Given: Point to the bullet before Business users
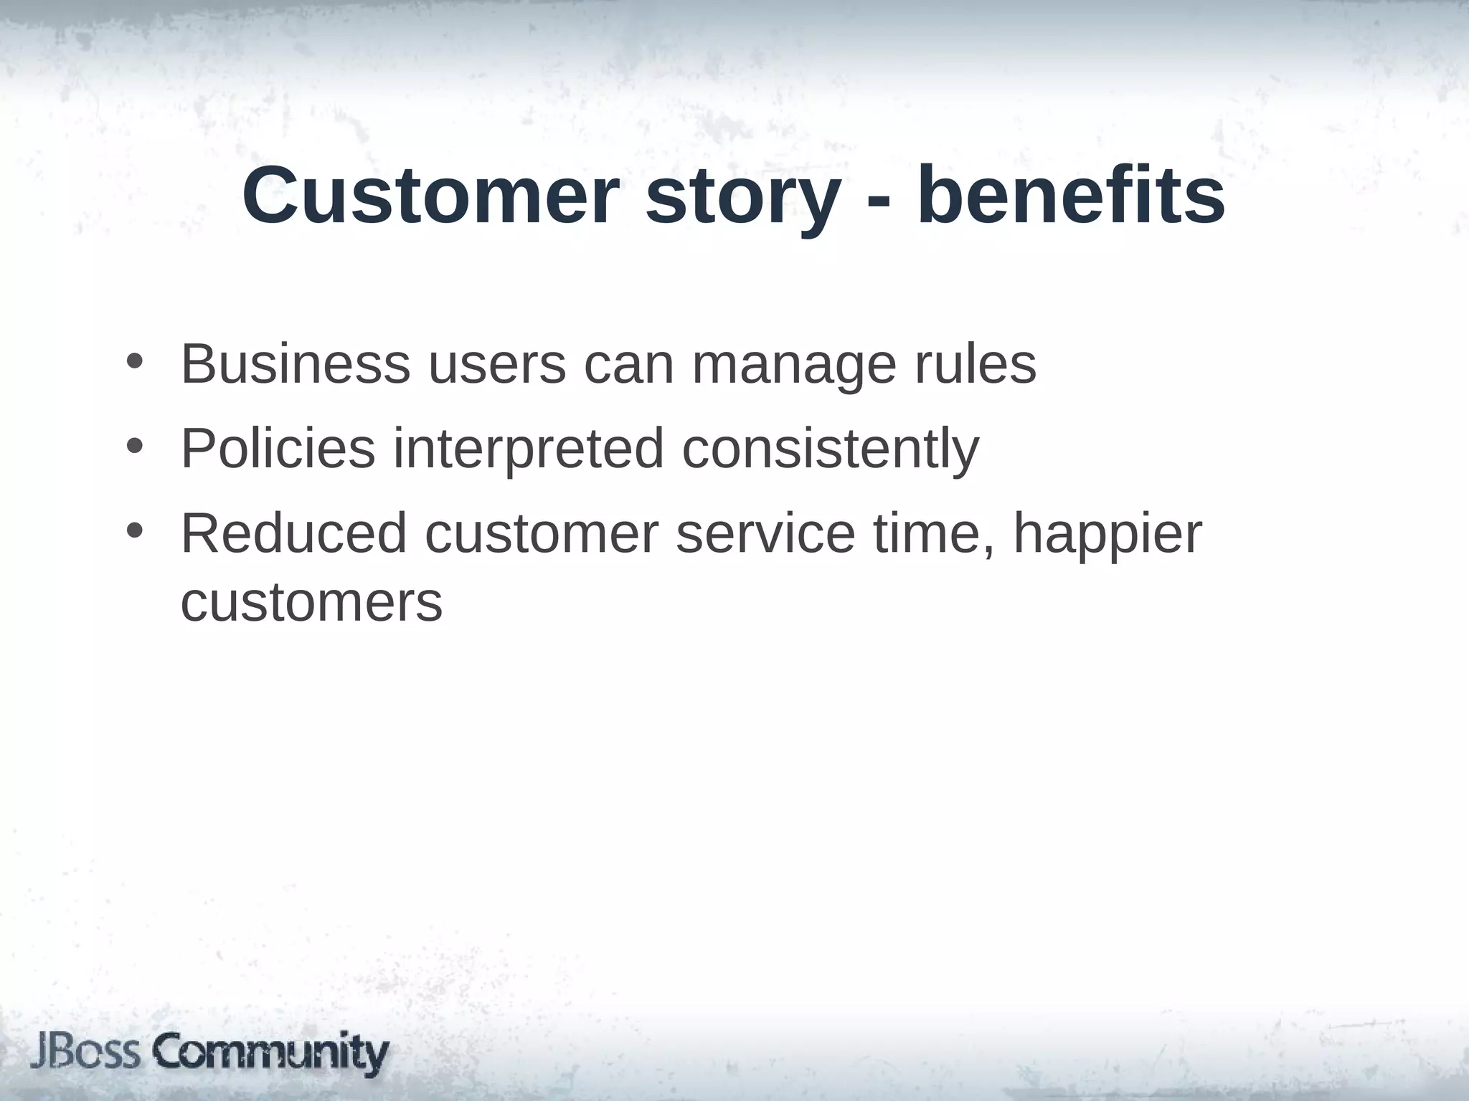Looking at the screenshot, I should pos(134,362).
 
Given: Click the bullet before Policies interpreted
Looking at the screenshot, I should pos(134,447).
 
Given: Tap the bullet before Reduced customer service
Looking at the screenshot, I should pos(134,531).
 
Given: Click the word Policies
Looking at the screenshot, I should pos(278,449).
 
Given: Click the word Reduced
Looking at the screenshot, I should pos(293,533).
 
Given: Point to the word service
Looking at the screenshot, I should pos(765,535).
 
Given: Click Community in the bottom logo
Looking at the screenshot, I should pos(271,1054).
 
